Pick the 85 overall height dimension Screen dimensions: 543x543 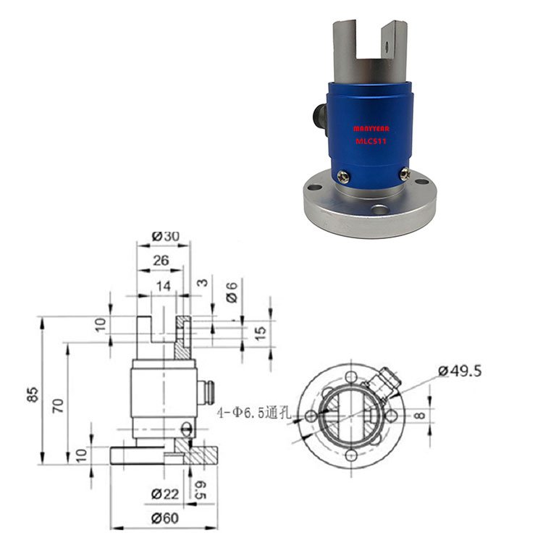coord(32,395)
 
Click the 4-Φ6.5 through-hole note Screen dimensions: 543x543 coord(253,413)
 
